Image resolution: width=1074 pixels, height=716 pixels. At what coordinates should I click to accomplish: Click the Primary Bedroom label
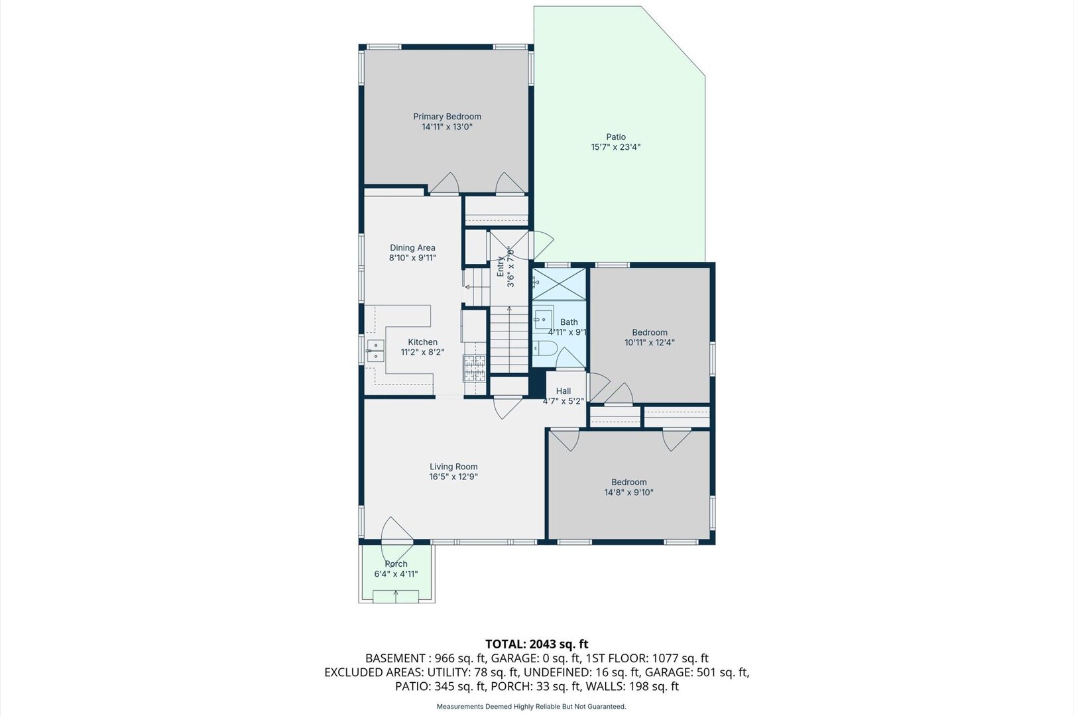[x=447, y=117]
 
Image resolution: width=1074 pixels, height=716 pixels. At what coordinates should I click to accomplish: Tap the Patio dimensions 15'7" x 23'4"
[x=616, y=147]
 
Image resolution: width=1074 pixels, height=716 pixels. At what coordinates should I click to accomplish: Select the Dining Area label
[x=412, y=248]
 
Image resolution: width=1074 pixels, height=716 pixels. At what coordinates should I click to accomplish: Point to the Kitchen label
[x=422, y=342]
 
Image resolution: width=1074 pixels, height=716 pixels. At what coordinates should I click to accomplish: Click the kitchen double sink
[x=375, y=351]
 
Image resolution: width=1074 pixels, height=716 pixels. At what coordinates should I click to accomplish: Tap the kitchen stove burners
[x=474, y=369]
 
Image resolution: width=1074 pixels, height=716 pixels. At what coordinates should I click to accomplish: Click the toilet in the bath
[x=545, y=348]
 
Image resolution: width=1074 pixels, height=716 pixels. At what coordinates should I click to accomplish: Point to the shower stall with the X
[x=559, y=284]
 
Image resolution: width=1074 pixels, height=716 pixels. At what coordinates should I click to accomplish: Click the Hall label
[x=564, y=391]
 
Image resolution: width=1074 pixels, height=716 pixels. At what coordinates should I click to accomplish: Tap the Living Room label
[x=453, y=467]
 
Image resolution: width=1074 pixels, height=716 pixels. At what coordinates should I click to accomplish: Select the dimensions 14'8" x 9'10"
[x=628, y=493]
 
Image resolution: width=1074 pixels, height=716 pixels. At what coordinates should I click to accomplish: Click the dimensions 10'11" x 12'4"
[x=650, y=343]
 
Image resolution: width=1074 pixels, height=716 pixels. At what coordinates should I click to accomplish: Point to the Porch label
[x=396, y=564]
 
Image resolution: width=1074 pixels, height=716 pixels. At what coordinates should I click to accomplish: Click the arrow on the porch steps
[x=396, y=597]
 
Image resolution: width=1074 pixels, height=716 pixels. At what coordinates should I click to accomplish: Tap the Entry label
[x=500, y=266]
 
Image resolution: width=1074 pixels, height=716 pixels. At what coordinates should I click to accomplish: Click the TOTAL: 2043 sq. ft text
[x=536, y=644]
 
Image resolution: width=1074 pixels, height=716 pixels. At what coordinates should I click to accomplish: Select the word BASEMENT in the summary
[x=395, y=658]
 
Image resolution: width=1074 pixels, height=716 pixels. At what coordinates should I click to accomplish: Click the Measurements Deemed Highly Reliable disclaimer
[x=531, y=707]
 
